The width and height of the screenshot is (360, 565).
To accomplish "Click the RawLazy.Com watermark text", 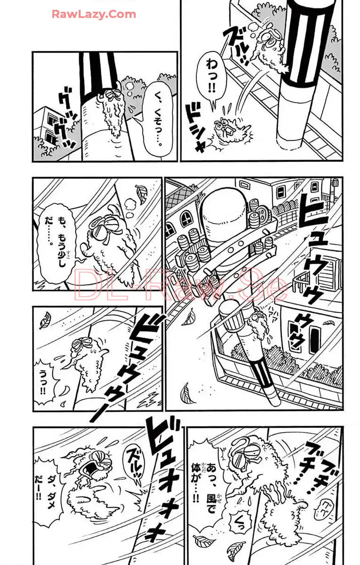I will tap(94, 14).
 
